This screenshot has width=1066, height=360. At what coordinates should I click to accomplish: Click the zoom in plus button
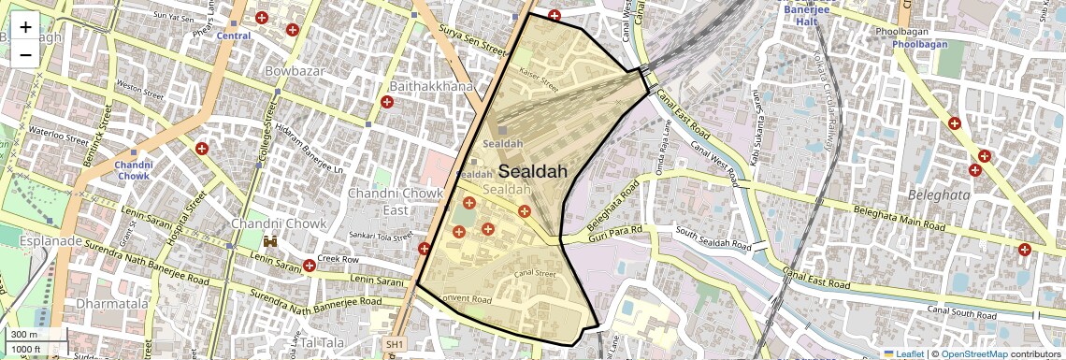tap(25, 26)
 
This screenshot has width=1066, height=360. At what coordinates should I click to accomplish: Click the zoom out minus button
tap(25, 54)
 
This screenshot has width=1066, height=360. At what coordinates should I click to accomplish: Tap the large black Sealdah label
tap(533, 172)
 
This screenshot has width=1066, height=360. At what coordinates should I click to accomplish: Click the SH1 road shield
tap(394, 345)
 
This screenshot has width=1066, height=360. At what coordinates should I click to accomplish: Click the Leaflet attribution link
tap(903, 353)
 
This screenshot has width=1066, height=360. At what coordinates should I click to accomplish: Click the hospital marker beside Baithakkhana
tap(387, 101)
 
